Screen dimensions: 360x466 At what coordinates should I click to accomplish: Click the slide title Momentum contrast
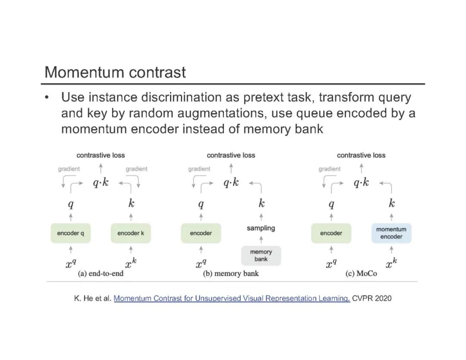(x=115, y=72)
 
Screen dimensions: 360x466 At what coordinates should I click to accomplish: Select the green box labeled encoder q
(x=71, y=233)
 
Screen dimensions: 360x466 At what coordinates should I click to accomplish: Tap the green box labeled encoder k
(x=131, y=233)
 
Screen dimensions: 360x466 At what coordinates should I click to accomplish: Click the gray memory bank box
(x=261, y=256)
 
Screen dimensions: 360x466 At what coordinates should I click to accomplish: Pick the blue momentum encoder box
(x=391, y=233)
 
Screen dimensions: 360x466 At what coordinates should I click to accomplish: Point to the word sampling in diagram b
(x=261, y=228)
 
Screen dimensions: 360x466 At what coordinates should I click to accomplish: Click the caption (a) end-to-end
(x=101, y=274)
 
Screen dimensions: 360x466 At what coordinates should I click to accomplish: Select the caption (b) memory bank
(x=231, y=274)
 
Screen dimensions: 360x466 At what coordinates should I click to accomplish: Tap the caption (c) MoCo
(x=361, y=274)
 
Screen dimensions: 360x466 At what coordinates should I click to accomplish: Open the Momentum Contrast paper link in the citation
(x=232, y=298)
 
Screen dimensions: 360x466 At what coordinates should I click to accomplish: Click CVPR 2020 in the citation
(x=372, y=298)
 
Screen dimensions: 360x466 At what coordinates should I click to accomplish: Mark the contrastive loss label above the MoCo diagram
(x=361, y=155)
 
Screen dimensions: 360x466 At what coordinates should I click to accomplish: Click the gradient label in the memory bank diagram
(x=199, y=169)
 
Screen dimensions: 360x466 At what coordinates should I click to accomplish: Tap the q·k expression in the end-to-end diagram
(x=101, y=183)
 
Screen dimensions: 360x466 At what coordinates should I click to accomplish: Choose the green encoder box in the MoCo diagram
(x=331, y=233)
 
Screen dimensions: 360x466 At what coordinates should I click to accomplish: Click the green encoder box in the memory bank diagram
(x=201, y=233)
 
